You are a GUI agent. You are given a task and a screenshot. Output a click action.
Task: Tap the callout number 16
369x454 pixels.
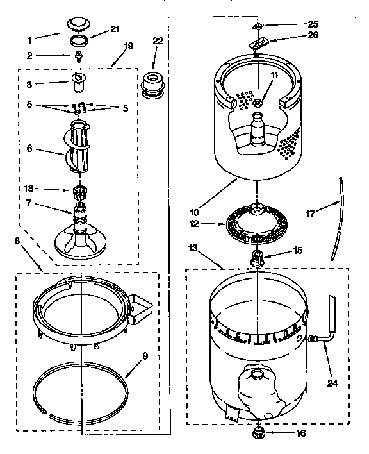pos(283,434)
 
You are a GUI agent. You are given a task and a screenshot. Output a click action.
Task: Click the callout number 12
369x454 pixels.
pos(193,224)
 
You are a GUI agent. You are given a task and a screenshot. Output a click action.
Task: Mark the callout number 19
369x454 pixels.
pos(129,46)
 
